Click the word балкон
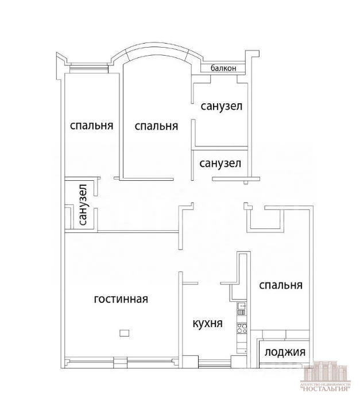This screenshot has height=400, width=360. tap(223, 68)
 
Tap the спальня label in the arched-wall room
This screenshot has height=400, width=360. tap(156, 126)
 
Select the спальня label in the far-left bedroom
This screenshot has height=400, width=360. tap(91, 126)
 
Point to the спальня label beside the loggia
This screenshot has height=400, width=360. tap(281, 285)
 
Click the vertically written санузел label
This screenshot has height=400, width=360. tap(83, 205)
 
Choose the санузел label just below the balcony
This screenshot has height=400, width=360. tap(222, 106)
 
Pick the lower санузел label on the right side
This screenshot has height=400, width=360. tap(220, 163)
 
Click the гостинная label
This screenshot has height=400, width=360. tap(121, 299)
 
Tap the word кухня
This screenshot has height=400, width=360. tap(207, 324)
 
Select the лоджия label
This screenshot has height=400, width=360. tap(285, 352)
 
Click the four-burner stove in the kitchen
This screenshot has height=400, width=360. tap(242, 328)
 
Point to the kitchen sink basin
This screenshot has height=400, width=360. tap(242, 305)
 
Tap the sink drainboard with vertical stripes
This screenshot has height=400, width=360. tap(242, 312)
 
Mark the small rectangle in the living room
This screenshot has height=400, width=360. tap(124, 333)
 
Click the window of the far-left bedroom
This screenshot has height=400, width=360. tap(89, 68)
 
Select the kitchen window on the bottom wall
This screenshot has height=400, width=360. tap(215, 363)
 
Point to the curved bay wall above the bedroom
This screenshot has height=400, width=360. tap(156, 51)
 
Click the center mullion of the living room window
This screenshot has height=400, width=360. tap(120, 363)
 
